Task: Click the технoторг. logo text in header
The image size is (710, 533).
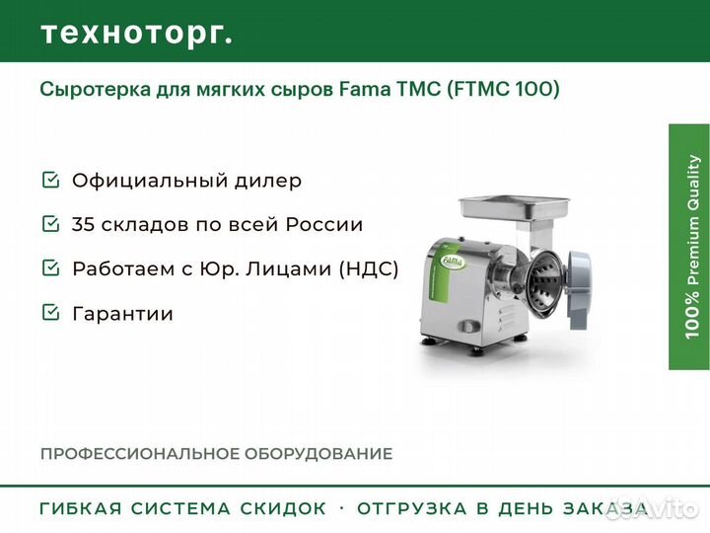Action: click(x=137, y=34)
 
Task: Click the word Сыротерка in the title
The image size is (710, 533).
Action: click(x=96, y=89)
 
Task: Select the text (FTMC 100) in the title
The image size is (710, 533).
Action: click(x=503, y=89)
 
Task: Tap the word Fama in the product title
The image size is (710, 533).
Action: click(x=365, y=89)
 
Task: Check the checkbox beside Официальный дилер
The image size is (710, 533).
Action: click(x=50, y=180)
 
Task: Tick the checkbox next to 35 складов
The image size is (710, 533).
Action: click(x=50, y=223)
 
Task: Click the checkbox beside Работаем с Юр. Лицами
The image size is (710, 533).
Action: click(x=50, y=267)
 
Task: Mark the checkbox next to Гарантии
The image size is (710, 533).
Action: click(x=50, y=312)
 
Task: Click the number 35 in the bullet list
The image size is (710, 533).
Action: click(x=83, y=224)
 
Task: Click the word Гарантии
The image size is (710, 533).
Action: click(x=122, y=314)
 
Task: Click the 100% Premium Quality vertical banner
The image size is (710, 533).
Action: click(x=689, y=247)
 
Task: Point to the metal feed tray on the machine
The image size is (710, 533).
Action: click(x=514, y=207)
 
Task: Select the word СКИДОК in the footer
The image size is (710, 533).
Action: click(x=283, y=508)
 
